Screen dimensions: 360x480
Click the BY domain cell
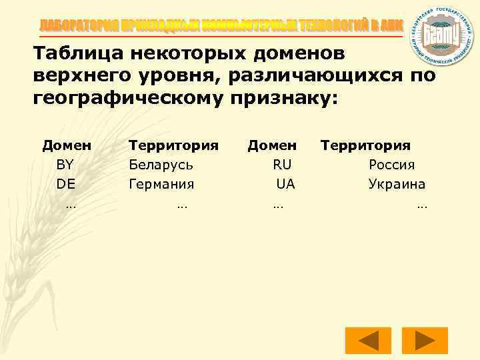click(65, 165)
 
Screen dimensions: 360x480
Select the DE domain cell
click(65, 184)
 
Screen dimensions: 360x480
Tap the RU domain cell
click(282, 165)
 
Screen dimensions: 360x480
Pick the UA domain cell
click(285, 184)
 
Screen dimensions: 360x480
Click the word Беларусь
click(161, 165)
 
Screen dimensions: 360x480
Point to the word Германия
click(161, 184)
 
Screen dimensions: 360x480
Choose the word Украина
click(397, 184)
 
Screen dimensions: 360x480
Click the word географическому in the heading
click(131, 99)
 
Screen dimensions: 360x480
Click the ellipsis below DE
click(70, 206)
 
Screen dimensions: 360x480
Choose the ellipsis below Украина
click(421, 206)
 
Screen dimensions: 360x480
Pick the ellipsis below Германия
click(182, 206)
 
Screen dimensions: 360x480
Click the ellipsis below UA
click(278, 206)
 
